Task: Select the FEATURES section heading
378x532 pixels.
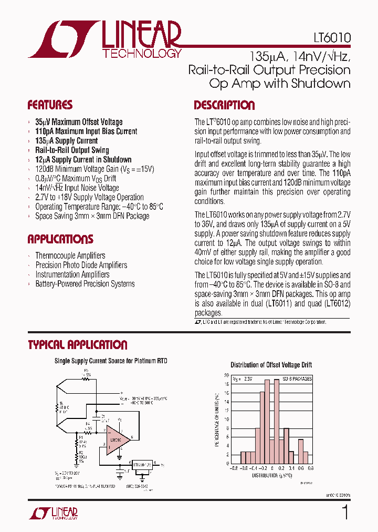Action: point(50,105)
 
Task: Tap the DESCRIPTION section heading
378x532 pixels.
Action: point(224,105)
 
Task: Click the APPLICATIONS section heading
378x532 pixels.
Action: point(60,239)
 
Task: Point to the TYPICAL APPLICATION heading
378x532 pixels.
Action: point(77,345)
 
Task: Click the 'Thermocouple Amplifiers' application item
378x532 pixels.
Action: point(70,255)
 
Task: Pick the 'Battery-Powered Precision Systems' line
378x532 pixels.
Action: point(85,284)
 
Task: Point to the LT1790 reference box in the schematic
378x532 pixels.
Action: point(142,464)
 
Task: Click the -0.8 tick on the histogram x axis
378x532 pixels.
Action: point(233,468)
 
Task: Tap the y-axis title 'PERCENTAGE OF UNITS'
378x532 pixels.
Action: point(217,420)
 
